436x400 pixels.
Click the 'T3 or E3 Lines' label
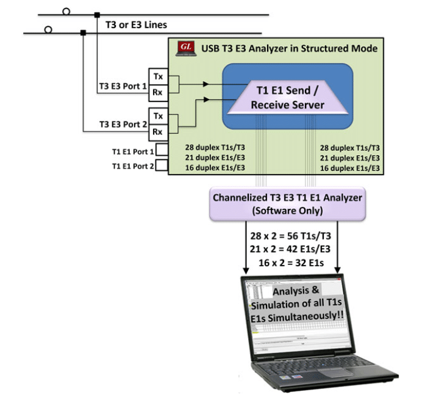132,25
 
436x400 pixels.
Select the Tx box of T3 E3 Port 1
158,78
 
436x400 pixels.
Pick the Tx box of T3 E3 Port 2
158,116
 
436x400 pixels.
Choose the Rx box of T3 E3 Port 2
158,131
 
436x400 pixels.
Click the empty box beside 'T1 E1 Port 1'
162,150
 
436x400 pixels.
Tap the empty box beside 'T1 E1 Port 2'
162,165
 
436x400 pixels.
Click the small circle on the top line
65,11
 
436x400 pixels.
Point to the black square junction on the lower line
83,32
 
